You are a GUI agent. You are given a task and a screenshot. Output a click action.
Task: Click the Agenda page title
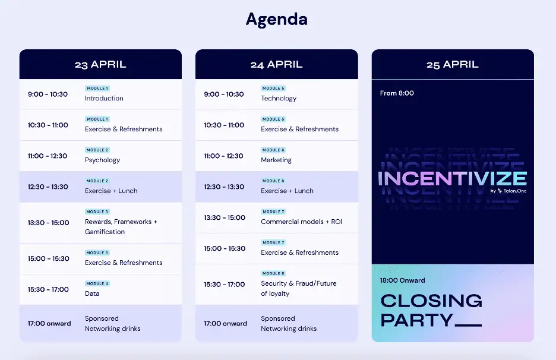pos(277,20)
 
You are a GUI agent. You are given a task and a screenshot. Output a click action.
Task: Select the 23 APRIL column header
pos(100,65)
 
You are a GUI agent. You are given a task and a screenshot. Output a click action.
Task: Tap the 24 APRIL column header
pos(277,65)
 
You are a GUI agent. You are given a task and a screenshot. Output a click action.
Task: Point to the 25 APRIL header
pos(453,65)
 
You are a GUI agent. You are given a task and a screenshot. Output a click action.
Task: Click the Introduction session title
pos(104,98)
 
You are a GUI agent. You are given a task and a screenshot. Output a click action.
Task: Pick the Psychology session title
pos(103,160)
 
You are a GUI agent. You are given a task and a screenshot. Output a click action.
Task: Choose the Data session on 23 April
pos(92,293)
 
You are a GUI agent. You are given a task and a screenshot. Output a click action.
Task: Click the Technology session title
pos(279,98)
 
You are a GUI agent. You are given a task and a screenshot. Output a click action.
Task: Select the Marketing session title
pos(276,160)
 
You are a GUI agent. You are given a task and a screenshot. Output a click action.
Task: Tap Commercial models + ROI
pos(301,222)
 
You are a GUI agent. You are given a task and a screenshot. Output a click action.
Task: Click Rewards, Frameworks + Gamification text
pos(121,227)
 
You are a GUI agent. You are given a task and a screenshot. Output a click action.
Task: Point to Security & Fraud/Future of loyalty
pos(299,288)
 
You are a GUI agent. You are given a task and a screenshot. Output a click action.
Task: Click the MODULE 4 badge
pos(97,283)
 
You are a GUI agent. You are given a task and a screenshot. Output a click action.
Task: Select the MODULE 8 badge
pos(273,273)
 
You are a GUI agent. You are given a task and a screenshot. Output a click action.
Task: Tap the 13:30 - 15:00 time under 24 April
pos(225,217)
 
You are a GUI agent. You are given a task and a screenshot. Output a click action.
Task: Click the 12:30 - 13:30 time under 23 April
pos(48,187)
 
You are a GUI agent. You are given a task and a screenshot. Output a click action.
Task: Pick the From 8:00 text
pos(397,93)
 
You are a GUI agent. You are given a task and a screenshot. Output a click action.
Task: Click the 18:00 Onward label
pos(403,280)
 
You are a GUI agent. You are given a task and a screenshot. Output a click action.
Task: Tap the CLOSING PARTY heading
pos(431,310)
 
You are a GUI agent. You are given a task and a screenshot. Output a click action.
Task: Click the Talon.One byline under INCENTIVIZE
pos(508,191)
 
